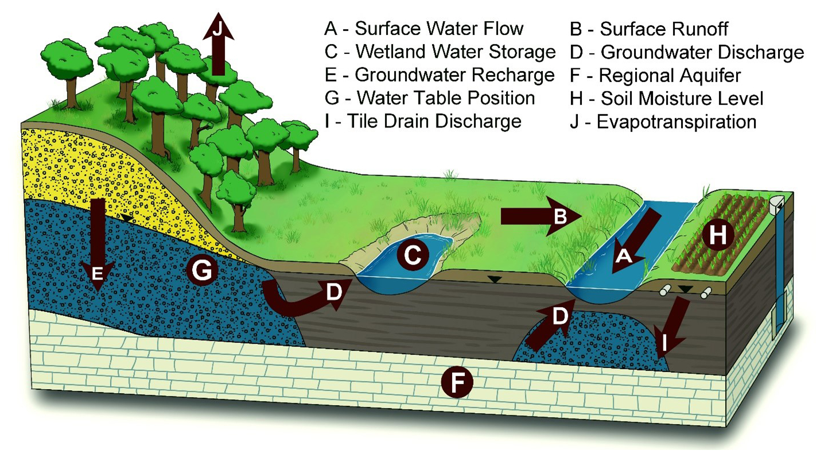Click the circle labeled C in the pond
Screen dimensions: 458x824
coord(413,255)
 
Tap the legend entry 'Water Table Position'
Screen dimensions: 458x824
coord(430,98)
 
